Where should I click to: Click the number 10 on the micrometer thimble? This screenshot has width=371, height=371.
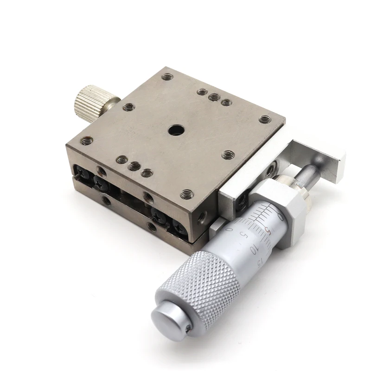[x=253, y=250]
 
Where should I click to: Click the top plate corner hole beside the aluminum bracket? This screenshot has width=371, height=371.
[x=264, y=119]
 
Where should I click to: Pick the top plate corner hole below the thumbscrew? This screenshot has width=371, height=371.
[x=86, y=141]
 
